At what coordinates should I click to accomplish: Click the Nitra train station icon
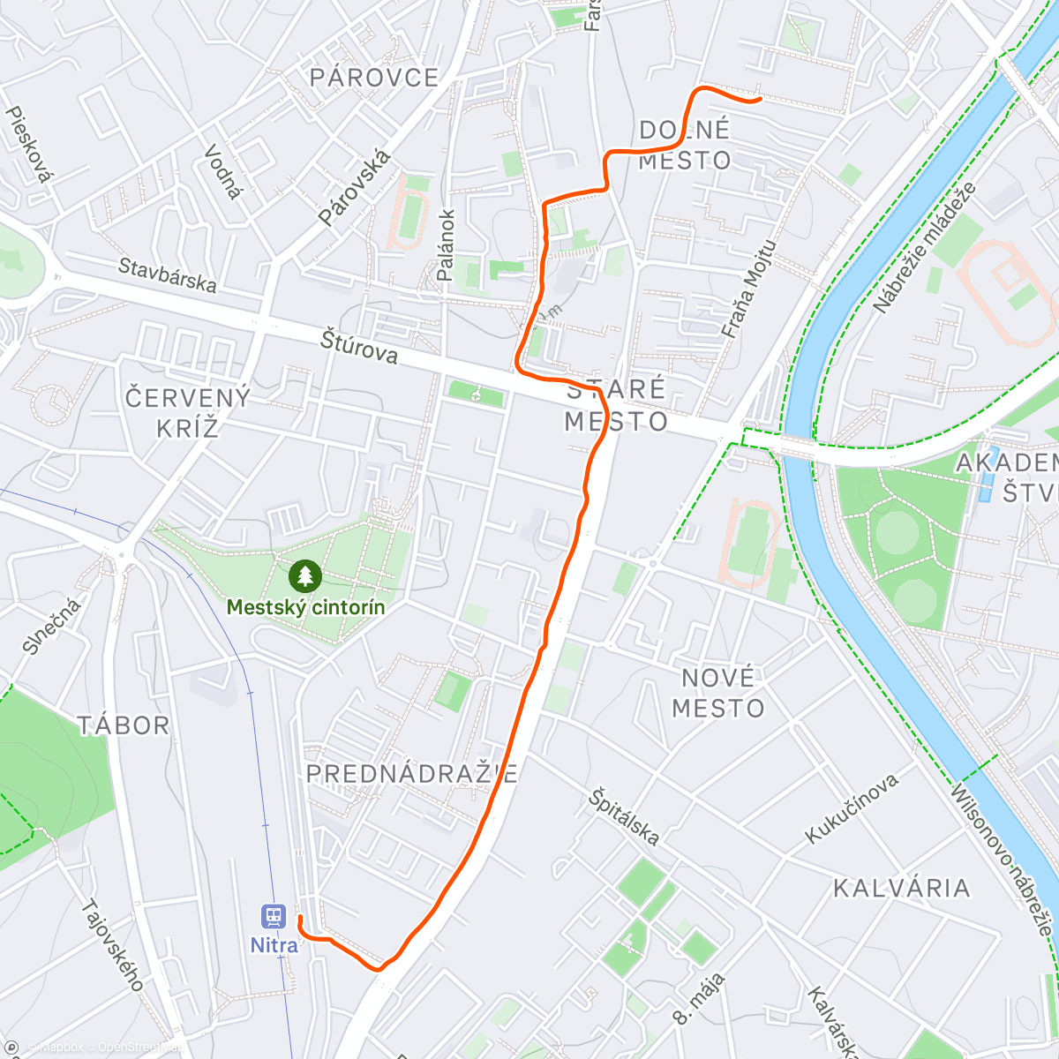[274, 916]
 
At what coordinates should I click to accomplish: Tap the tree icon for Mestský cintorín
[305, 577]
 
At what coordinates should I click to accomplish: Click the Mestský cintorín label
[305, 607]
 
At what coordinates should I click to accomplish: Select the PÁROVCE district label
[374, 78]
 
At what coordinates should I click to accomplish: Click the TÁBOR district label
[124, 725]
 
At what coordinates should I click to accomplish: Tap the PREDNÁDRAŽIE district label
[411, 774]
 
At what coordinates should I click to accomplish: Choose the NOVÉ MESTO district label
[718, 693]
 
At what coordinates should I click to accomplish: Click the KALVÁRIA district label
[902, 888]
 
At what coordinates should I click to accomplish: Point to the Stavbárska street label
[168, 274]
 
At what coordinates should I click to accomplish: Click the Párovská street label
[354, 187]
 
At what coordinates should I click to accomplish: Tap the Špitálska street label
[624, 816]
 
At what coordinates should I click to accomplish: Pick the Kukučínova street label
[852, 807]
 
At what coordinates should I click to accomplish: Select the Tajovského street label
[113, 945]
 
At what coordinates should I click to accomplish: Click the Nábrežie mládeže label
[925, 247]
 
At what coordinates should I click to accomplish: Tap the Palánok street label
[446, 244]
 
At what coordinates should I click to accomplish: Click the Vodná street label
[222, 172]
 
